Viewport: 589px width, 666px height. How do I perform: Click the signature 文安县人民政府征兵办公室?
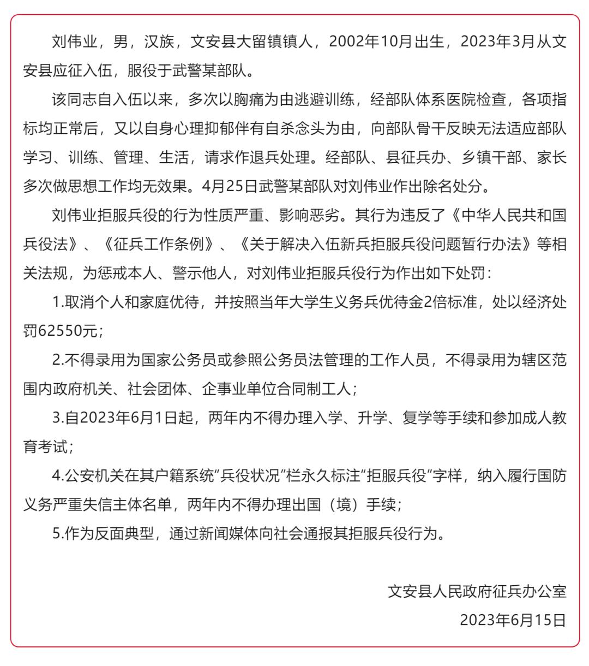[477, 592]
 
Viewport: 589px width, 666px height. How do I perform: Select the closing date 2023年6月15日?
[513, 621]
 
